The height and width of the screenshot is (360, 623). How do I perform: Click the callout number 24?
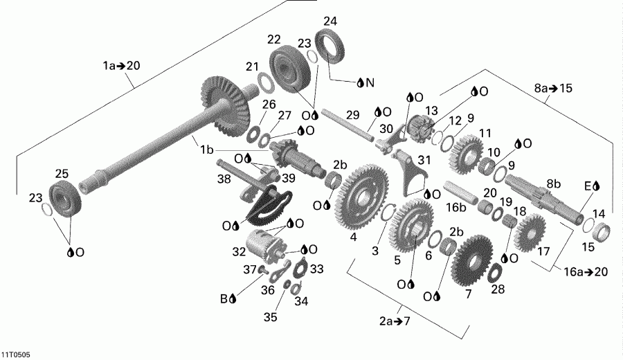click(330, 21)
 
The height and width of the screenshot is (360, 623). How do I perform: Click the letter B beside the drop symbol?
click(224, 299)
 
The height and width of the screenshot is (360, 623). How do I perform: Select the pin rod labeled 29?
click(347, 124)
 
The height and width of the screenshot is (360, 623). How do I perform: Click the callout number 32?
click(239, 252)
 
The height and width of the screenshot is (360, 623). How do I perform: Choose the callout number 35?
click(269, 317)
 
